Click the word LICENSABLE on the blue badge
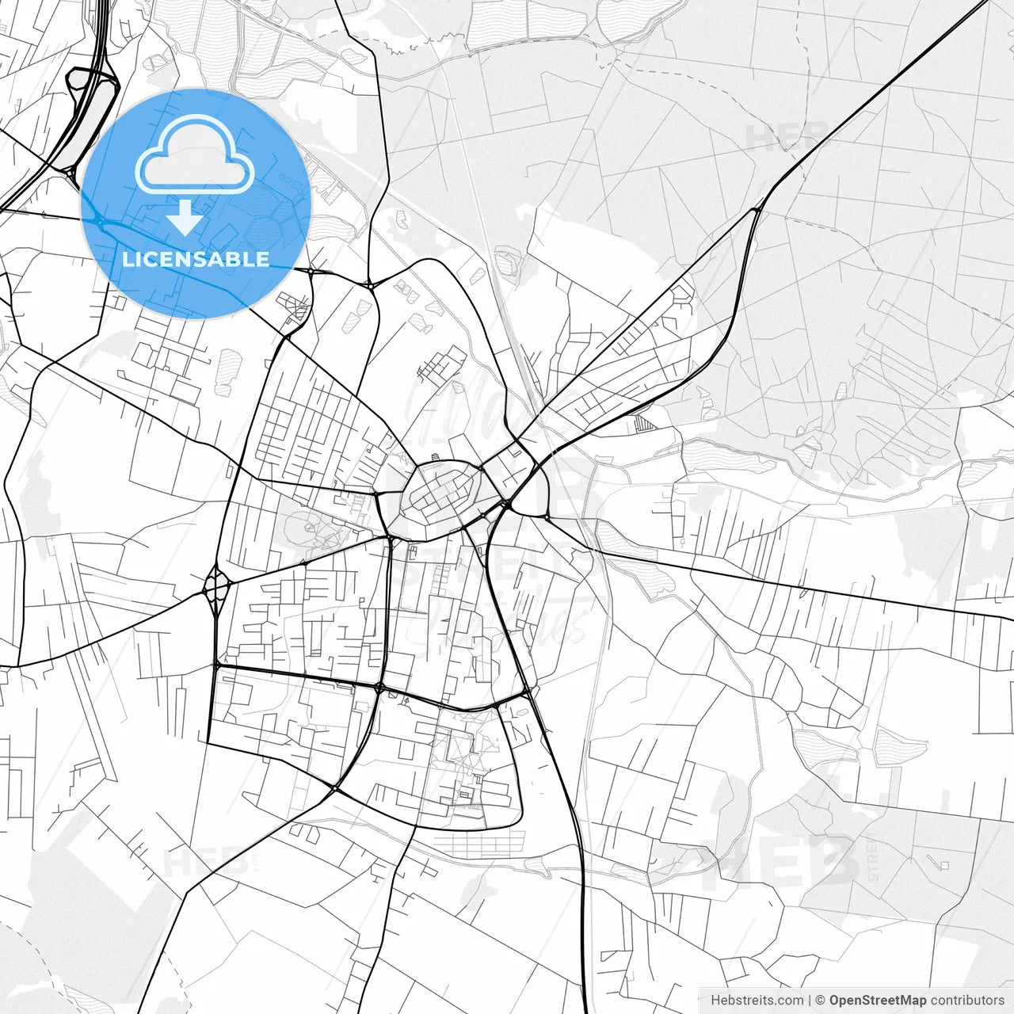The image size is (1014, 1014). (196, 260)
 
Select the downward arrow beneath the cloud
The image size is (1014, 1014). (185, 217)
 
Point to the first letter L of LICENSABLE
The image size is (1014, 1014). (127, 260)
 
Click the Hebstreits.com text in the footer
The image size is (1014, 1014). (757, 1001)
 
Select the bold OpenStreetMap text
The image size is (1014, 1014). (877, 1001)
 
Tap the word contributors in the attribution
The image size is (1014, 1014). (966, 1001)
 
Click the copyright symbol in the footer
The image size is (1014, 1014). (821, 1001)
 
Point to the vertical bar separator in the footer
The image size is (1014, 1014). (810, 1001)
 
